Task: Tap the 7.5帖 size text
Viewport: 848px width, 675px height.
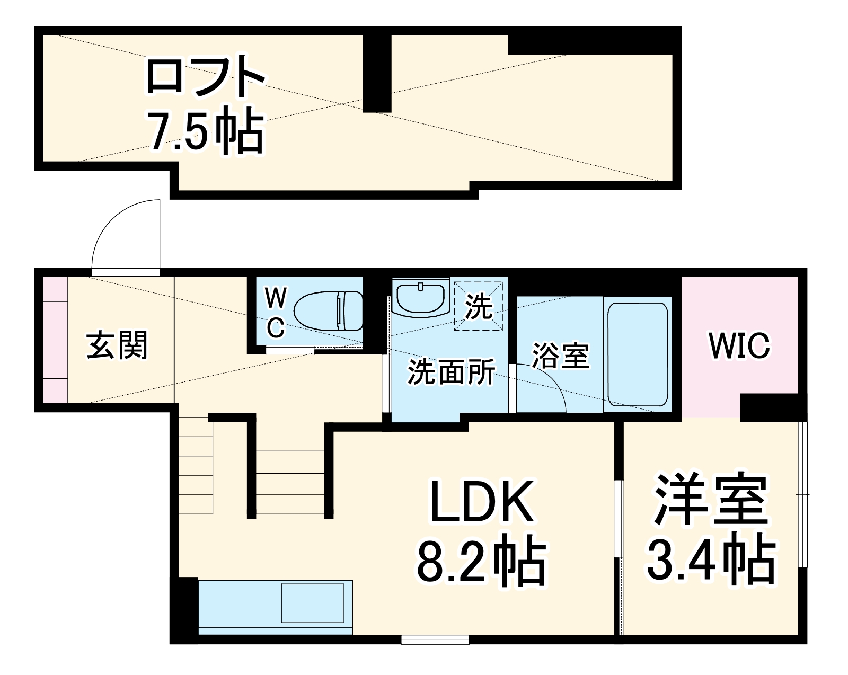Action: (x=205, y=130)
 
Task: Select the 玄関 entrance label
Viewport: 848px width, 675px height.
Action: (x=117, y=345)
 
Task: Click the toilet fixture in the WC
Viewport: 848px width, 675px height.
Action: (x=329, y=311)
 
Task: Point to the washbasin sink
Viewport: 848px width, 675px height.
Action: (x=420, y=299)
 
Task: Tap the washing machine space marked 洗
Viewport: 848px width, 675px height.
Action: (x=479, y=306)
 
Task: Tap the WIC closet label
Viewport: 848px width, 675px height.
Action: (x=739, y=345)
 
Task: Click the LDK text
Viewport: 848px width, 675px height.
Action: (x=482, y=502)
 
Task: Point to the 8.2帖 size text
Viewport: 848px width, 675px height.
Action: (x=482, y=562)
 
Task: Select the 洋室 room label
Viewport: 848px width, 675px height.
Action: (x=711, y=500)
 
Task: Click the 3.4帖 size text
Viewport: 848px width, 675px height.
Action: (x=711, y=559)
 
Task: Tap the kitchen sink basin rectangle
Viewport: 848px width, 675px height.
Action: (x=312, y=603)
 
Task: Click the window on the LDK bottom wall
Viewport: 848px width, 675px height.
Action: (x=435, y=640)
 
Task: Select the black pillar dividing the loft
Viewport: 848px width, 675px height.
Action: (x=377, y=73)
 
